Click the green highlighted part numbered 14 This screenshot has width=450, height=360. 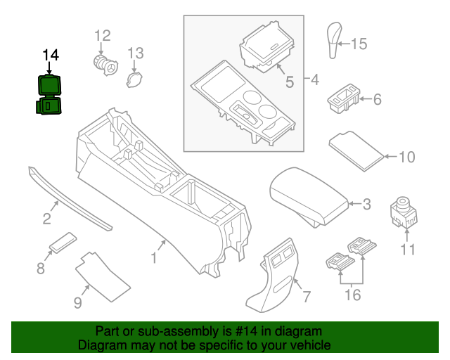pyautogui.click(x=50, y=96)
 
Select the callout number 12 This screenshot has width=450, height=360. pyautogui.click(x=103, y=35)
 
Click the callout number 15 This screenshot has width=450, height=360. pyautogui.click(x=359, y=44)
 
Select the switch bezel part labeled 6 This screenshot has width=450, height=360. pyautogui.click(x=342, y=99)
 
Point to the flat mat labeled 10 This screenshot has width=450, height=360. pyautogui.click(x=357, y=148)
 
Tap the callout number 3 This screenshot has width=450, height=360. pyautogui.click(x=366, y=205)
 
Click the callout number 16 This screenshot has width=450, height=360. pyautogui.click(x=352, y=295)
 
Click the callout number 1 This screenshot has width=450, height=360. pyautogui.click(x=153, y=258)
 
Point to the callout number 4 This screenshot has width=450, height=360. pyautogui.click(x=314, y=80)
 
